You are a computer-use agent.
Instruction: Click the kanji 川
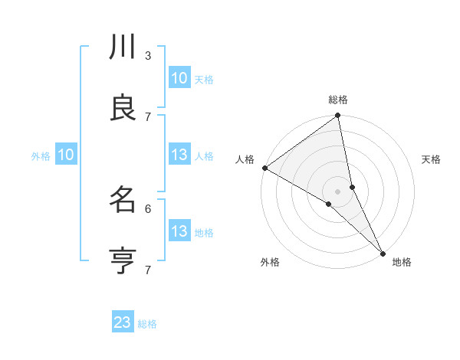123,48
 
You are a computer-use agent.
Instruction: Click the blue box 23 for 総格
123,322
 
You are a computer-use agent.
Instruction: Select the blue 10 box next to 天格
179,78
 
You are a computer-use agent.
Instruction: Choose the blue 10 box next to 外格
66,155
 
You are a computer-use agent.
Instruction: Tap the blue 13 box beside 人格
179,155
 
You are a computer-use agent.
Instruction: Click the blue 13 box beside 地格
179,231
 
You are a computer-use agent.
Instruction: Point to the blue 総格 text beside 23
147,324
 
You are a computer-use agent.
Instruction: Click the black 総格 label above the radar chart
338,100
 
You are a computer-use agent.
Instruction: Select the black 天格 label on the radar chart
431,159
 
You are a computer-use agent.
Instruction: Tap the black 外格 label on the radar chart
270,263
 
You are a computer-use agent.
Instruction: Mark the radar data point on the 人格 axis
264,168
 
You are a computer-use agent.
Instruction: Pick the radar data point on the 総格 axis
338,116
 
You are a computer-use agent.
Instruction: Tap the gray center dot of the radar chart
338,191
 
